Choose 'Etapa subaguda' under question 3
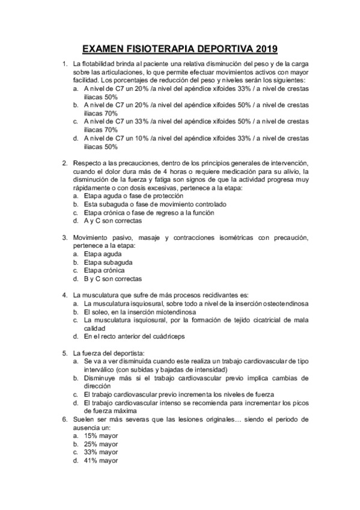[108, 262]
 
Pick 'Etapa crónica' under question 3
[106, 271]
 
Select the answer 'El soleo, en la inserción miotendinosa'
[139, 312]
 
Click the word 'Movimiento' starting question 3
[90, 238]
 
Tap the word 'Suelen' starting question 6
[82, 419]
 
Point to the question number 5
[65, 353]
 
